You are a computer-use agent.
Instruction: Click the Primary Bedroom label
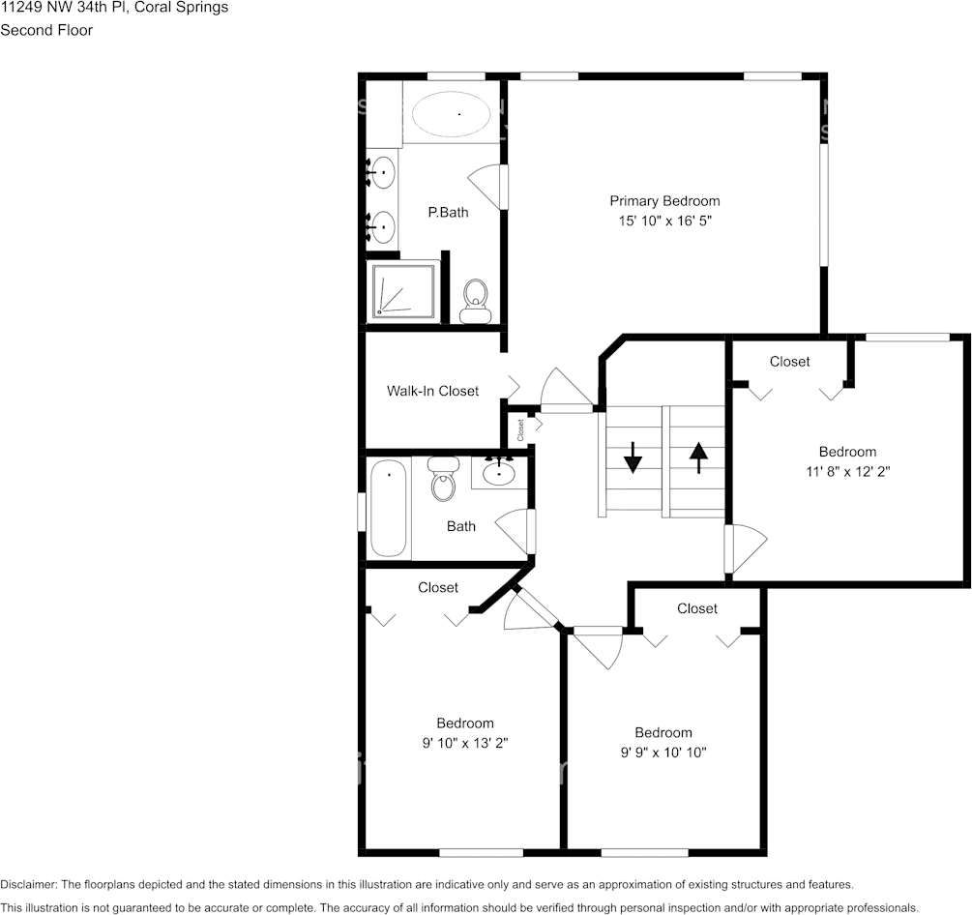tap(664, 201)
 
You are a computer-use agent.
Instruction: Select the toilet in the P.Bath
tap(475, 301)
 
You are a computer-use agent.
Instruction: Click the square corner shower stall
tap(403, 290)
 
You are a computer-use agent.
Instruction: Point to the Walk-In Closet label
tap(432, 391)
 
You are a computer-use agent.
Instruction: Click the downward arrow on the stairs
tap(633, 457)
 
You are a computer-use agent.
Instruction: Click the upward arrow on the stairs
tap(698, 456)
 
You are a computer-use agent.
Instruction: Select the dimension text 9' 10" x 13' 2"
tap(464, 743)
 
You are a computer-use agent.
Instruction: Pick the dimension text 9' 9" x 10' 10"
tap(663, 753)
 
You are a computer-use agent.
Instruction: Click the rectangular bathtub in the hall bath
tap(389, 509)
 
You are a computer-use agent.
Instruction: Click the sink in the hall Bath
tap(500, 472)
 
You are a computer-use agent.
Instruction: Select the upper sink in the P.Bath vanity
tap(384, 174)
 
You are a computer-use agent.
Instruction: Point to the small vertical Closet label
tap(520, 429)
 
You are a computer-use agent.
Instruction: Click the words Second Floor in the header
tap(46, 30)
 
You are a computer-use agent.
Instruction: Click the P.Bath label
tap(448, 212)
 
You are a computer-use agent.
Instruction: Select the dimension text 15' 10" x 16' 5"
tap(664, 221)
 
